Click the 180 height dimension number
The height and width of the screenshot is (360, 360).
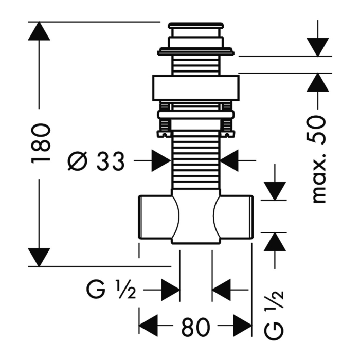[40, 143]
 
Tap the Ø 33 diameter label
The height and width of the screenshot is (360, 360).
[96, 161]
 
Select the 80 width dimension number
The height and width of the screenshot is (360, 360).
[195, 327]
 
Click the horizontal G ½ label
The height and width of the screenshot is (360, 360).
[111, 290]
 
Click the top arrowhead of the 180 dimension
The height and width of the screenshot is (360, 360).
[39, 31]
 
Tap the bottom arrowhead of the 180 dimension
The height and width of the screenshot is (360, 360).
[39, 257]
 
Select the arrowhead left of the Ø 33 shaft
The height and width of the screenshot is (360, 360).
[161, 160]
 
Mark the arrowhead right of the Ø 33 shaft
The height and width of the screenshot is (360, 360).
[229, 160]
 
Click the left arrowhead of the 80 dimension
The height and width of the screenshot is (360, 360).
[149, 326]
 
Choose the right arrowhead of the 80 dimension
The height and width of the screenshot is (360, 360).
[243, 326]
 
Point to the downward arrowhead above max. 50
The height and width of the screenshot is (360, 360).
[318, 47]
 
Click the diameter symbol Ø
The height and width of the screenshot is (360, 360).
[78, 161]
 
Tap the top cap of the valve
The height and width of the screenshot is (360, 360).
[195, 26]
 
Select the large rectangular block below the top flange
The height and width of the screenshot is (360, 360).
[196, 88]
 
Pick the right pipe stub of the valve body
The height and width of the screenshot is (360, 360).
[233, 217]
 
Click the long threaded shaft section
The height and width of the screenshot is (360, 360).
[195, 160]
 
